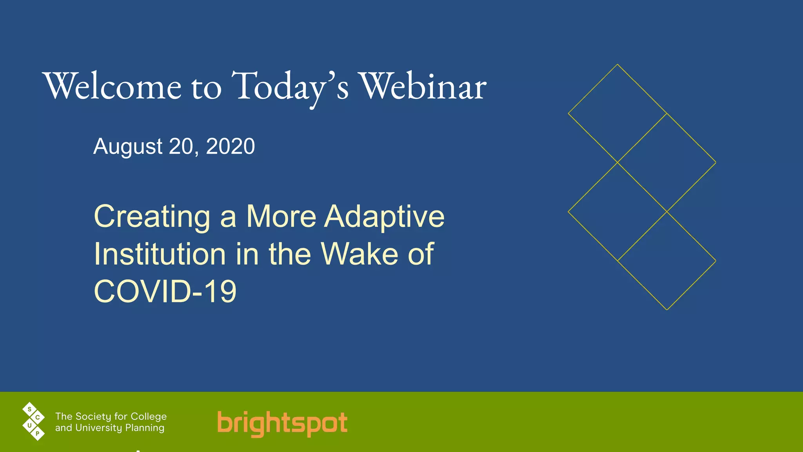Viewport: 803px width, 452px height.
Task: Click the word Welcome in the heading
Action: pyautogui.click(x=113, y=86)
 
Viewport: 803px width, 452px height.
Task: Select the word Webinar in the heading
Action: pyautogui.click(x=423, y=86)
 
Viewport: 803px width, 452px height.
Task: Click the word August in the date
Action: pyautogui.click(x=128, y=147)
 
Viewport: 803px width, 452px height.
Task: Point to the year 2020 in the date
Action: pyautogui.click(x=230, y=147)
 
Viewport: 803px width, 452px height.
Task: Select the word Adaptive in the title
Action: pyautogui.click(x=384, y=217)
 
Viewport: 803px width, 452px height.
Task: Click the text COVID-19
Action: pyautogui.click(x=165, y=292)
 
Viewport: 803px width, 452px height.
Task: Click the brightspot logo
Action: pyautogui.click(x=282, y=423)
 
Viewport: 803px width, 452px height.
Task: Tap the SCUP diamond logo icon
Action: pyautogui.click(x=34, y=421)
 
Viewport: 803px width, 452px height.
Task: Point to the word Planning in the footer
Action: pyautogui.click(x=145, y=428)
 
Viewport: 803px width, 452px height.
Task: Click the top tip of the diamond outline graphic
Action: pyautogui.click(x=618, y=64)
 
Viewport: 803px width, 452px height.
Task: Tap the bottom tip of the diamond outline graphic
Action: pyautogui.click(x=667, y=310)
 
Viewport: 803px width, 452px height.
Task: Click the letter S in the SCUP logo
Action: pyautogui.click(x=29, y=410)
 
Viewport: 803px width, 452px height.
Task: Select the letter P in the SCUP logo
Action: pyautogui.click(x=38, y=434)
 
